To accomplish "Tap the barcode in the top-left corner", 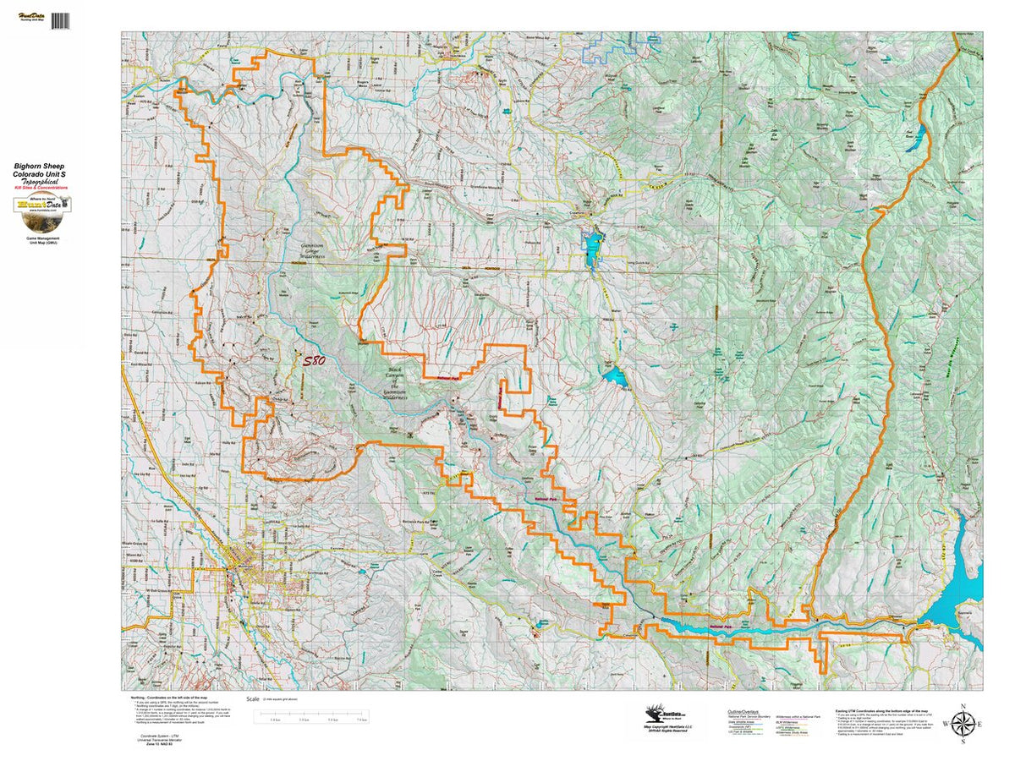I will [x=60, y=20].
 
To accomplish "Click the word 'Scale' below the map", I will [x=252, y=699].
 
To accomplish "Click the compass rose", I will [x=962, y=723].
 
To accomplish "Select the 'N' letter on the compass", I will [x=962, y=704].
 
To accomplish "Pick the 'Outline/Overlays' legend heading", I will [x=740, y=712].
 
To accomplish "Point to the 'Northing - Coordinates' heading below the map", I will [x=169, y=698].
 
